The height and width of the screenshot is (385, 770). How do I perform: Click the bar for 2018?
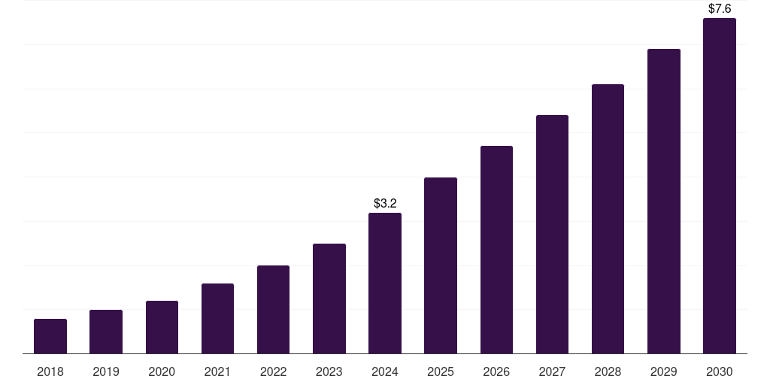pyautogui.click(x=50, y=336)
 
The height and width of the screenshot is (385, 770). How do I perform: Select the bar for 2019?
pyautogui.click(x=106, y=332)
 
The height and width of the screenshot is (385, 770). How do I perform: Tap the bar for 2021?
pyautogui.click(x=217, y=318)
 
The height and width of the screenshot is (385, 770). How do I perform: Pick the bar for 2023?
pyautogui.click(x=329, y=299)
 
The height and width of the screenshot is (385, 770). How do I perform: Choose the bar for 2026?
pyautogui.click(x=496, y=250)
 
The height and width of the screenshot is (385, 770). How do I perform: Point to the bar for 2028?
pyautogui.click(x=608, y=219)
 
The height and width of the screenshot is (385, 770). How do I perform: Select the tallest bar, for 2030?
pyautogui.click(x=720, y=186)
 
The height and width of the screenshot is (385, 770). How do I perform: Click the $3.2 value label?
pyautogui.click(x=385, y=203)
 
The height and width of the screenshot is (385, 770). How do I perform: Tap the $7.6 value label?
pyautogui.click(x=720, y=9)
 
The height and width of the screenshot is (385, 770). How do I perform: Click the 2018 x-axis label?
pyautogui.click(x=50, y=371)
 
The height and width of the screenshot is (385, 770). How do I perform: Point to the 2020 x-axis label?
pyautogui.click(x=162, y=371)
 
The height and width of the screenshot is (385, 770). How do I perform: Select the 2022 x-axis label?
pyautogui.click(x=274, y=371)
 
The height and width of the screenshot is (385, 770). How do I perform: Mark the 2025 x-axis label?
pyautogui.click(x=441, y=371)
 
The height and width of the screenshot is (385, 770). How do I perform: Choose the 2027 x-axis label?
pyautogui.click(x=552, y=371)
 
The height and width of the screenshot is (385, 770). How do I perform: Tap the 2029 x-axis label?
pyautogui.click(x=664, y=371)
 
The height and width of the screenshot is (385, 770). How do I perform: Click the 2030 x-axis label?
pyautogui.click(x=720, y=371)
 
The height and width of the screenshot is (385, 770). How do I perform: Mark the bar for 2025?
pyautogui.click(x=441, y=265)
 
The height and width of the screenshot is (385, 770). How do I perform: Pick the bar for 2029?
pyautogui.click(x=664, y=201)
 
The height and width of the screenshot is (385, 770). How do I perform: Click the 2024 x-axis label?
pyautogui.click(x=385, y=371)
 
